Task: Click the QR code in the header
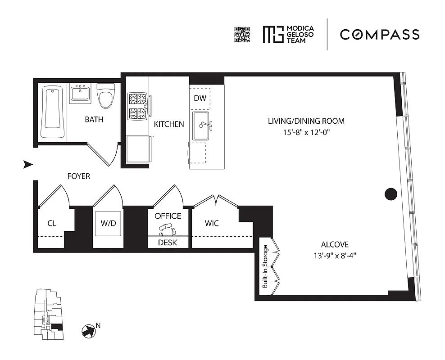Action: pos(242,35)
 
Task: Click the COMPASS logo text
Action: pos(379,34)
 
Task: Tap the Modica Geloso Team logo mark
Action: pos(272,35)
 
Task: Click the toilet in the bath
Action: pos(106,96)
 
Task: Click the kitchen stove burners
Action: pos(138,106)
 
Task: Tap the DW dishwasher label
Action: pos(200,98)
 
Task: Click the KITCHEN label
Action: pos(169,124)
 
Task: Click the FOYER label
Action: pos(78,176)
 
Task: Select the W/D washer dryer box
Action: pos(108,223)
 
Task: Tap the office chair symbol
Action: pos(168,231)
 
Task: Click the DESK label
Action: pos(168,243)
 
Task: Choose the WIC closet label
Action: pos(212,223)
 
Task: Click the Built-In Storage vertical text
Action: pos(265,266)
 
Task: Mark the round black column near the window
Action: pos(391,194)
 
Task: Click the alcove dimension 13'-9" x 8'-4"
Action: pos(335,255)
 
